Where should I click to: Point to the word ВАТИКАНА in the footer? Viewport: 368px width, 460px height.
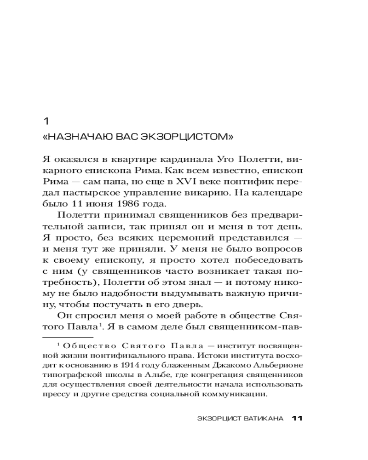coord(263,418)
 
